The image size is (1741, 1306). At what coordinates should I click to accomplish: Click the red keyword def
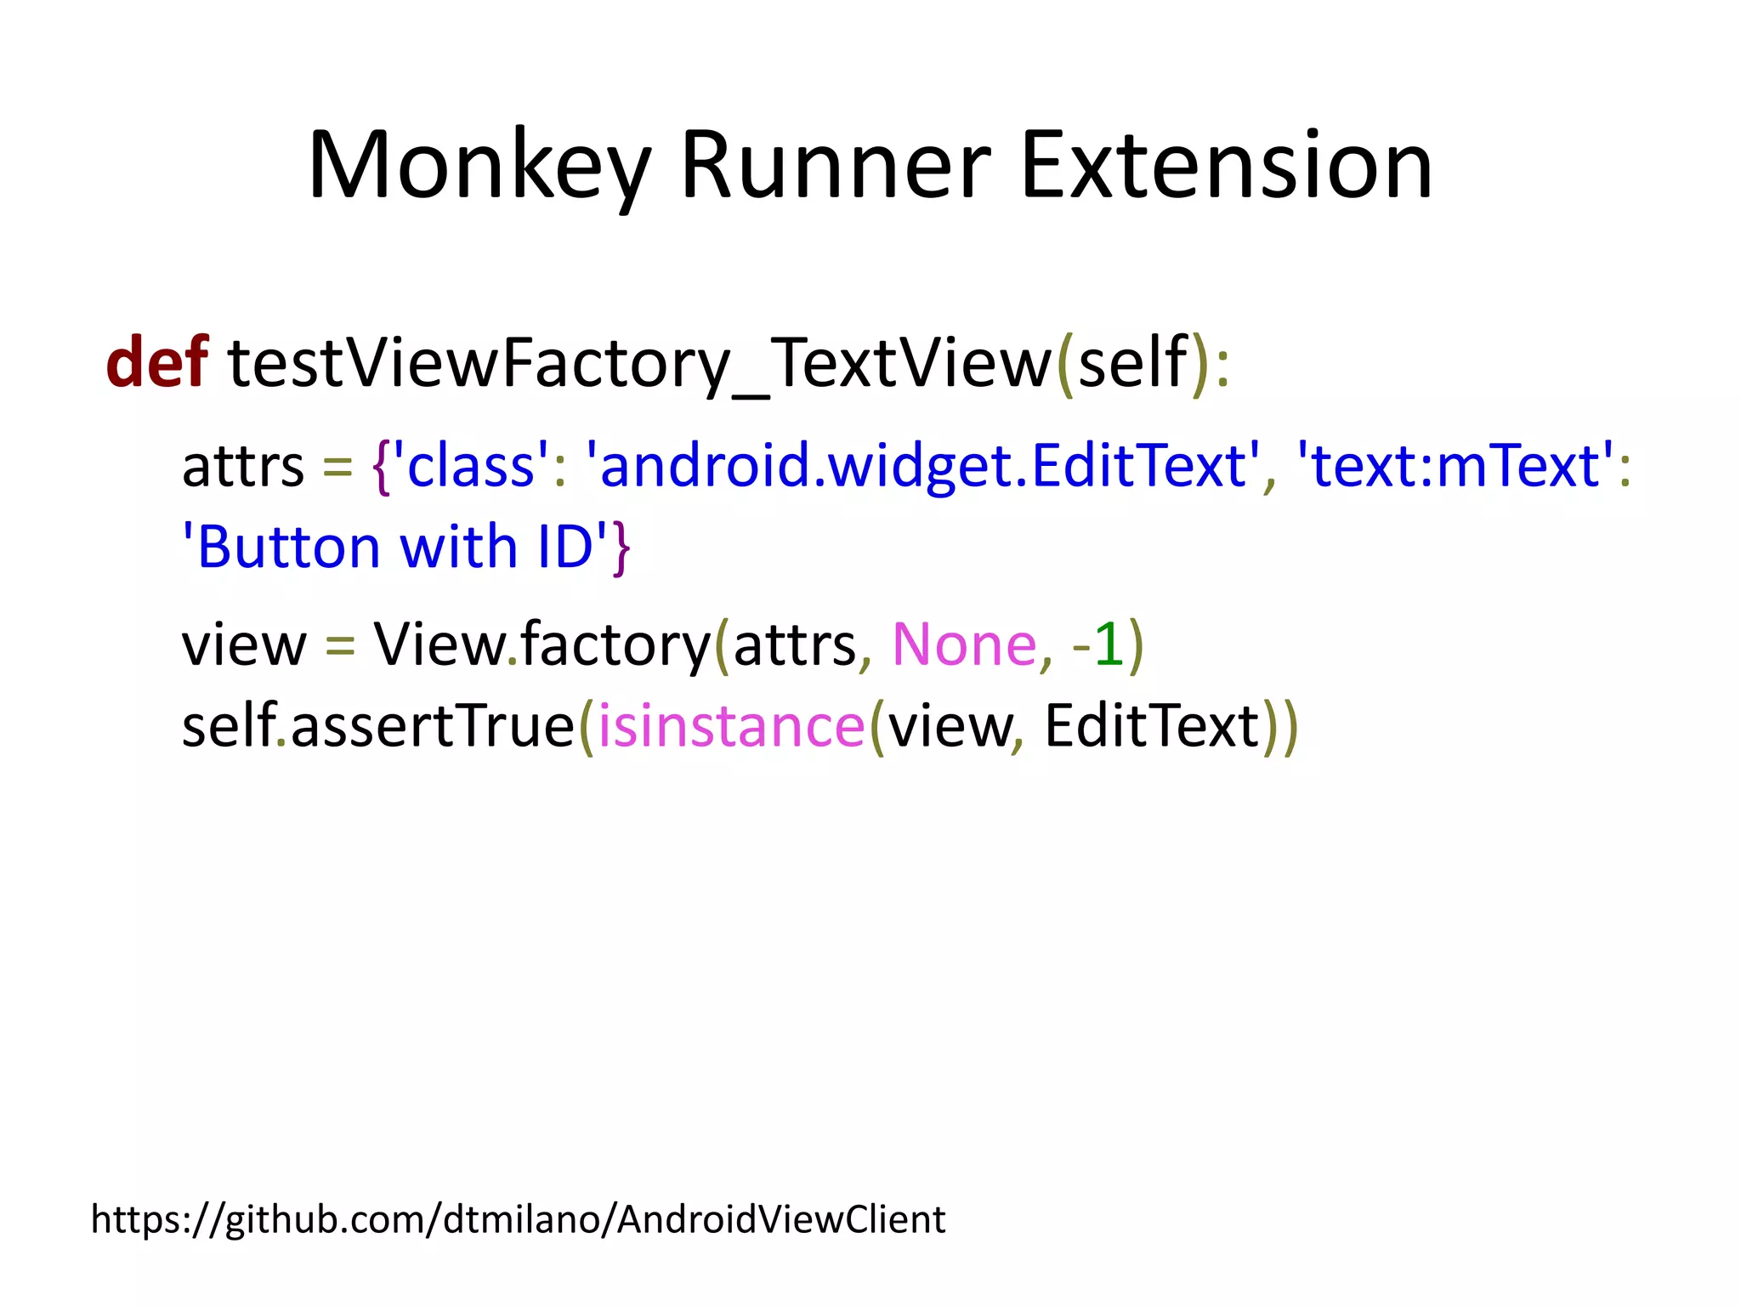(x=156, y=362)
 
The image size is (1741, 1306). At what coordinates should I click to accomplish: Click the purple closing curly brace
(x=621, y=548)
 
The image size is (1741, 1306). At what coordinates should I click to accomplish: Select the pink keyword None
(x=964, y=644)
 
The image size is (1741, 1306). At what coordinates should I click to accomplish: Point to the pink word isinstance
(x=731, y=726)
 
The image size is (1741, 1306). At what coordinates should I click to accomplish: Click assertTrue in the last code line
(x=433, y=726)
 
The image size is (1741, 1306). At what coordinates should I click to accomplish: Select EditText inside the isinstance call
(x=1151, y=726)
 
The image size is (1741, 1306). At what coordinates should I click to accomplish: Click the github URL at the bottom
(x=517, y=1219)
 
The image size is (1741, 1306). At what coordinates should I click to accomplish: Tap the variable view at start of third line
(x=243, y=644)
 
